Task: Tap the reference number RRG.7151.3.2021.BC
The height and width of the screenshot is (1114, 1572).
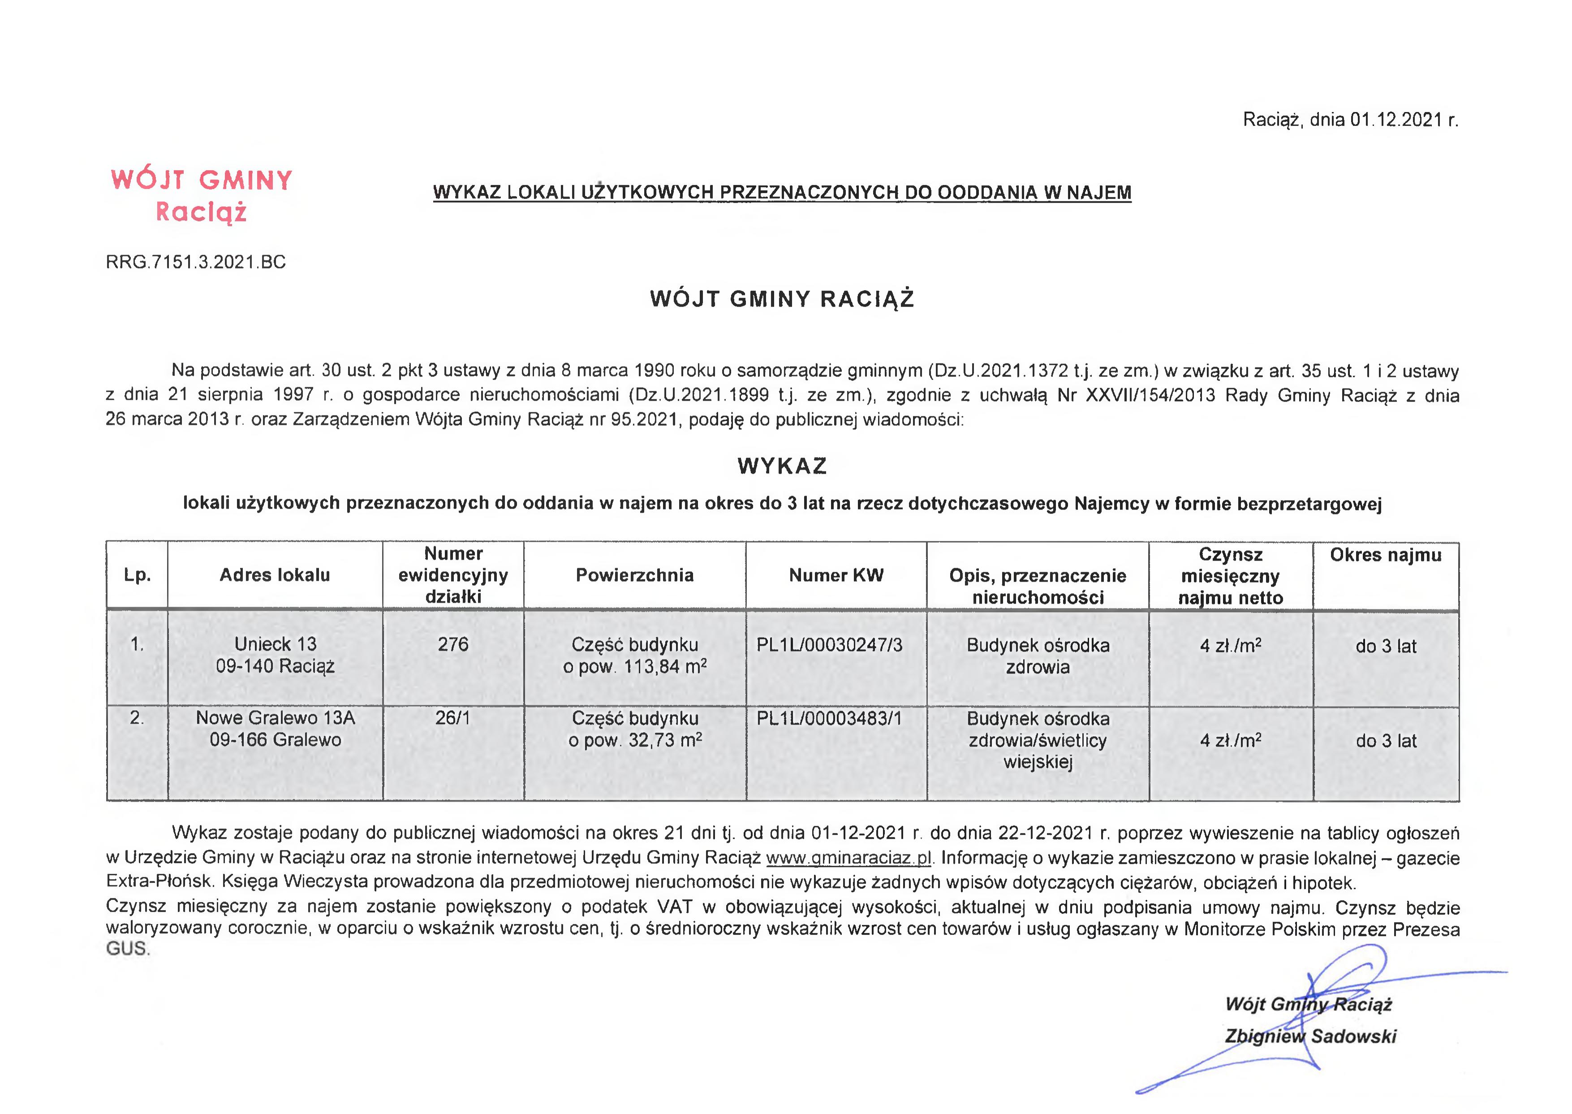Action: click(x=195, y=262)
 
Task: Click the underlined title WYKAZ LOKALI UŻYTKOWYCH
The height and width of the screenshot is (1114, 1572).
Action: click(x=782, y=193)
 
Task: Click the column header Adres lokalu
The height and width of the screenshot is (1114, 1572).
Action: click(x=274, y=575)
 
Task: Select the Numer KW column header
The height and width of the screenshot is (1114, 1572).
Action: click(x=836, y=575)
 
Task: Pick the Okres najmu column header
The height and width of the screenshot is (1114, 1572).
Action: click(x=1386, y=555)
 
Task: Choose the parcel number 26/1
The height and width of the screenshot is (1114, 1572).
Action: click(x=452, y=718)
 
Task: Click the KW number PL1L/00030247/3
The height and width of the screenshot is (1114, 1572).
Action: click(x=829, y=645)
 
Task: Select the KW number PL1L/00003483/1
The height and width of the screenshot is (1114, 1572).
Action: click(x=829, y=719)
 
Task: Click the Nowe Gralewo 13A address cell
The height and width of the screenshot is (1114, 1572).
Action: click(x=275, y=729)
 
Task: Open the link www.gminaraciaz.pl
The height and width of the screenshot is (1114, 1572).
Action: click(x=848, y=858)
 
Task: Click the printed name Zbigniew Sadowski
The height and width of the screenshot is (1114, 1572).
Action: click(x=1310, y=1036)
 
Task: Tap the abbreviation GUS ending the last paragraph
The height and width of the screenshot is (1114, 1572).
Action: click(x=127, y=949)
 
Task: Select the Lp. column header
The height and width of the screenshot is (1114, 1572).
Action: click(x=137, y=575)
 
